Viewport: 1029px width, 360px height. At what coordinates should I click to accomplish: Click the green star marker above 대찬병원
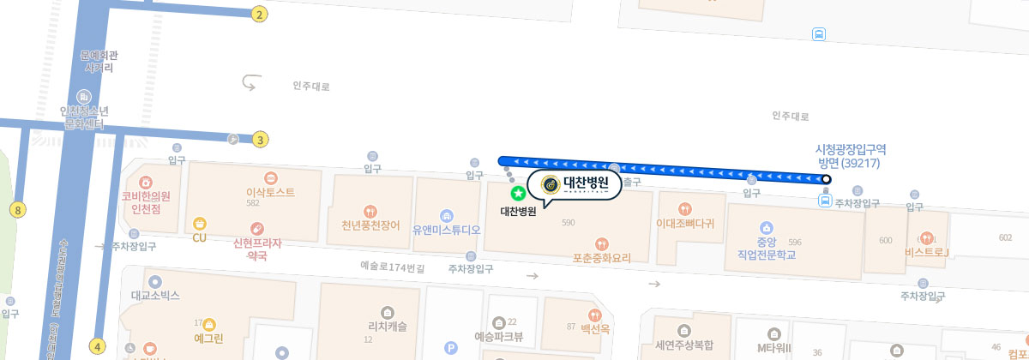tap(518, 194)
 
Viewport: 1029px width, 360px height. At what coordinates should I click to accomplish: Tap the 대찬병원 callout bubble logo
tap(550, 183)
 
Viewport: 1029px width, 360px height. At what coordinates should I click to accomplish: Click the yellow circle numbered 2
tap(260, 14)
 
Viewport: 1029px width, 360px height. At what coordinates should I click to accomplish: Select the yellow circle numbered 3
tap(261, 139)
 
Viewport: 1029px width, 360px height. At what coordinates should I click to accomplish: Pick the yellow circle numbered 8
tap(18, 209)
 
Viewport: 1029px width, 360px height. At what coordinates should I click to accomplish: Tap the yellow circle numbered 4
tap(98, 346)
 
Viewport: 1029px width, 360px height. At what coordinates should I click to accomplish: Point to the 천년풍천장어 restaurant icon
tap(370, 210)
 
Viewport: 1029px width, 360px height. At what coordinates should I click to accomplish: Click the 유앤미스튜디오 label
tap(446, 230)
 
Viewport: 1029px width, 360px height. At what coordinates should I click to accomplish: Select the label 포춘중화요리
tap(602, 256)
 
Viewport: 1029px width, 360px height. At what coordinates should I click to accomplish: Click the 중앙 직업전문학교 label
tap(767, 248)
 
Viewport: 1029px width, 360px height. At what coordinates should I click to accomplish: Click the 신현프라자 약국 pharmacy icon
tap(256, 228)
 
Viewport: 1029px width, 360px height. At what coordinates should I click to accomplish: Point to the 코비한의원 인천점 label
tap(146, 201)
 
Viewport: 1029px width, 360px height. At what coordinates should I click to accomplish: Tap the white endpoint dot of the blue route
tap(826, 179)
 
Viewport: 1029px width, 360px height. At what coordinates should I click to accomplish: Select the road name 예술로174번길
tap(392, 267)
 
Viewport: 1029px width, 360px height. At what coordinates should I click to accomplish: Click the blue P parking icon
tap(451, 347)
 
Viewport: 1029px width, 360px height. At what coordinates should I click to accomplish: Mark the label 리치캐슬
tap(388, 326)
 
